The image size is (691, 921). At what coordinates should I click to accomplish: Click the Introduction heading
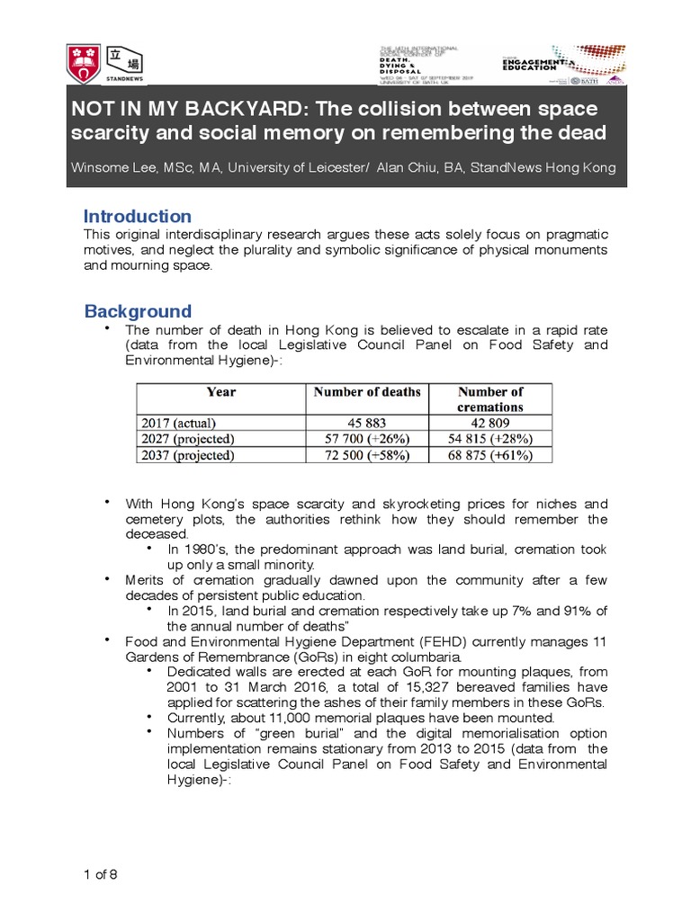[137, 216]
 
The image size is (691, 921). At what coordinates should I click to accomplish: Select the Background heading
[138, 311]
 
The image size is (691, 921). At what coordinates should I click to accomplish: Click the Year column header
[220, 392]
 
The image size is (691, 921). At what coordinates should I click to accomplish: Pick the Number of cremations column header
[490, 399]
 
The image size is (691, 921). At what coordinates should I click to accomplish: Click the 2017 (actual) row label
[179, 422]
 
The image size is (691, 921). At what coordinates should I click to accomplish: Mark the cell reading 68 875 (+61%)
[490, 456]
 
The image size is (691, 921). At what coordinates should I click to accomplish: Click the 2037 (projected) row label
[187, 456]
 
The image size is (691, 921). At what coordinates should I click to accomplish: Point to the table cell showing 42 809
[490, 422]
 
